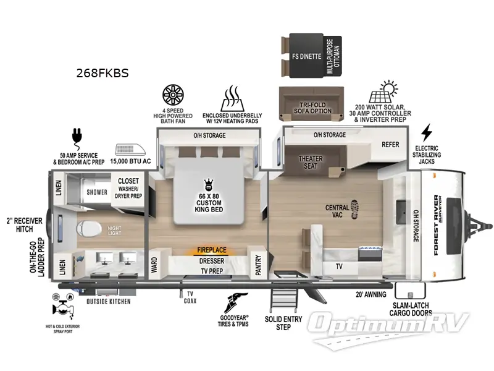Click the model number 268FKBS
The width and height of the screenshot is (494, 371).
pos(103,73)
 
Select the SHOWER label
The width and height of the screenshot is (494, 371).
pos(97,192)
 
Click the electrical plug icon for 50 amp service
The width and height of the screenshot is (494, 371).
pos(77,135)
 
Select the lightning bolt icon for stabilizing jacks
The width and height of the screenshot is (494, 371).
pos(426,132)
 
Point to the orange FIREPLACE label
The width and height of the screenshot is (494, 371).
pos(211,250)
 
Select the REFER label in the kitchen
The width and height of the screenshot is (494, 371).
pos(390,145)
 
